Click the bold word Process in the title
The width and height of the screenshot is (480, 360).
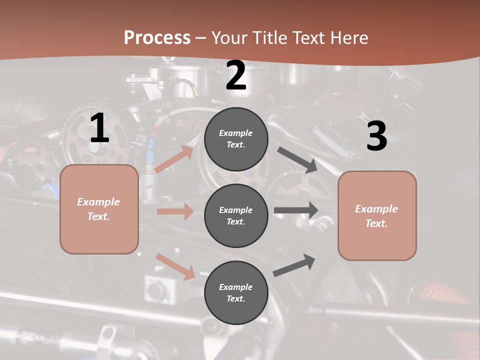pos(157,37)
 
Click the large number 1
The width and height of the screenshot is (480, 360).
pos(99,128)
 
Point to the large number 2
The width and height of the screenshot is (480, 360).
pos(236,75)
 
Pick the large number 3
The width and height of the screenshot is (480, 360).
pos(376,136)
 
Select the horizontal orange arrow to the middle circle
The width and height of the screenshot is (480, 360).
pos(175,211)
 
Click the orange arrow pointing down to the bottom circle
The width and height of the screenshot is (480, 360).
pos(175,266)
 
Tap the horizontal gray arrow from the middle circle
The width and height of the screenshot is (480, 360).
pos(296,210)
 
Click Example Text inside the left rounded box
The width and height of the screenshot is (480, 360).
pos(99,209)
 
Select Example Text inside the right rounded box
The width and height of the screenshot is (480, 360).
pos(377,216)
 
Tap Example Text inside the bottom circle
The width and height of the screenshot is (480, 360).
pos(236,293)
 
